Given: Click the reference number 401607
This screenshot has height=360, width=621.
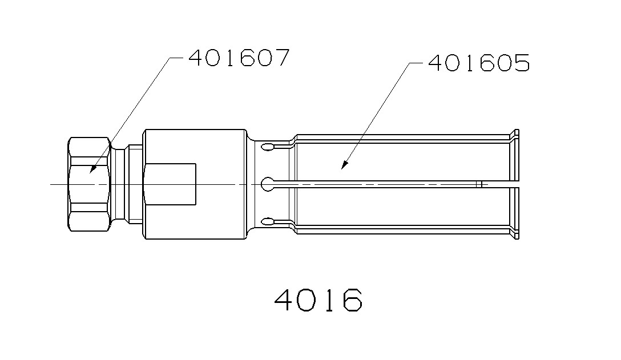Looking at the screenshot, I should coord(239,58).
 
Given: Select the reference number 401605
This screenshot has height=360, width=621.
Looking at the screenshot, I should coord(478,63).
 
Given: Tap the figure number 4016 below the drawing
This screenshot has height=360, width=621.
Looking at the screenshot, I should coord(318,300).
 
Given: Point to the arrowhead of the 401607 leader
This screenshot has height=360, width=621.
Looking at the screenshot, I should coord(92,172).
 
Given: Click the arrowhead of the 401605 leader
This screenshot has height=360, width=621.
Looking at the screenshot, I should coord(342,168).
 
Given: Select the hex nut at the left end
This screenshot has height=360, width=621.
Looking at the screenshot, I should coord(89,184).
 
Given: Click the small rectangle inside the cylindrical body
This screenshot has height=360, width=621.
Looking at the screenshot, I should coord(170,184).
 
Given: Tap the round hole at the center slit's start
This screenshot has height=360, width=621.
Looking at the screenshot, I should coord(267,184).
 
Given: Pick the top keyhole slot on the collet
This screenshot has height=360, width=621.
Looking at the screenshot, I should coord(268,147).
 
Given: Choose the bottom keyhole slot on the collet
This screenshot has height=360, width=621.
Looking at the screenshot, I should coord(268,221).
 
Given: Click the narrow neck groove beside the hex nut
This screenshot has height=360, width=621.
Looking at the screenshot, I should coord(119,184).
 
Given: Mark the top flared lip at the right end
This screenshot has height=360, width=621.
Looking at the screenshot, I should coord(515,135).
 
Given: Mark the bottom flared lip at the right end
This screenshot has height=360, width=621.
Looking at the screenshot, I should coord(515,233).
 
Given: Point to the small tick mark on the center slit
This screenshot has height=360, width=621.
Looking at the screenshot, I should coord(480,184).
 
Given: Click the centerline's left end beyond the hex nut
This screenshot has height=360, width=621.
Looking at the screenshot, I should coord(53,184).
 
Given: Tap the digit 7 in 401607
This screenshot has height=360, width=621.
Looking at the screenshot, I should coord(281,58).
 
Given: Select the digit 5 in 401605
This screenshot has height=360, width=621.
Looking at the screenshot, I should coord(521,63).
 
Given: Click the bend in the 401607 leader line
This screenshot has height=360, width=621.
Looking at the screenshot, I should coord(171,58).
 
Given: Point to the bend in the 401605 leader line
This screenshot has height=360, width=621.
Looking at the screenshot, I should coord(409,63).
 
